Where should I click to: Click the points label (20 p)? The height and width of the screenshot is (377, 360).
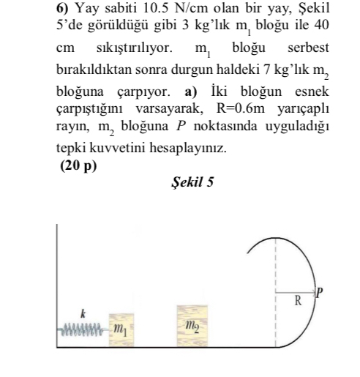click(77, 165)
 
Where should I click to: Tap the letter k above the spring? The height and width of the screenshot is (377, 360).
click(83, 310)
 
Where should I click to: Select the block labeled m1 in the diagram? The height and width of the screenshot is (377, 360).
click(119, 323)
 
